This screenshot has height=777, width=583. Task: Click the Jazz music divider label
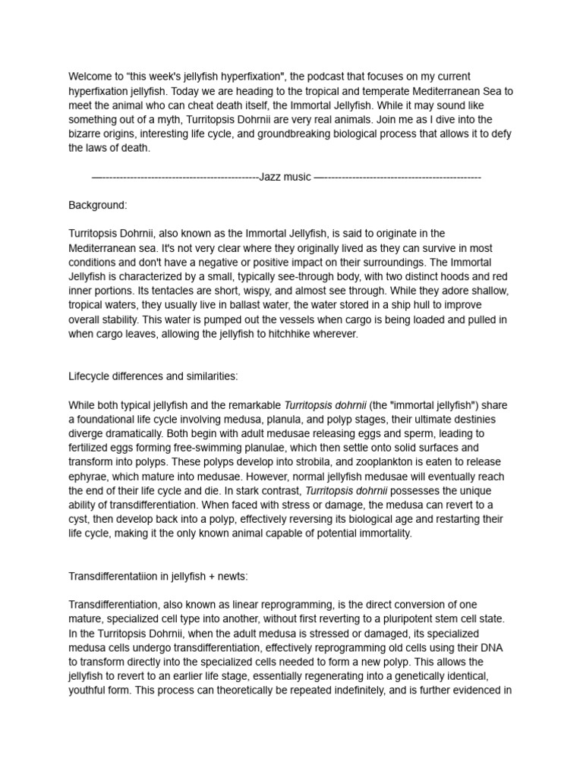click(285, 177)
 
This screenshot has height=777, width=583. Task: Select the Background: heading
click(98, 205)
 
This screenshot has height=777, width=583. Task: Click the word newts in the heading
click(231, 576)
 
